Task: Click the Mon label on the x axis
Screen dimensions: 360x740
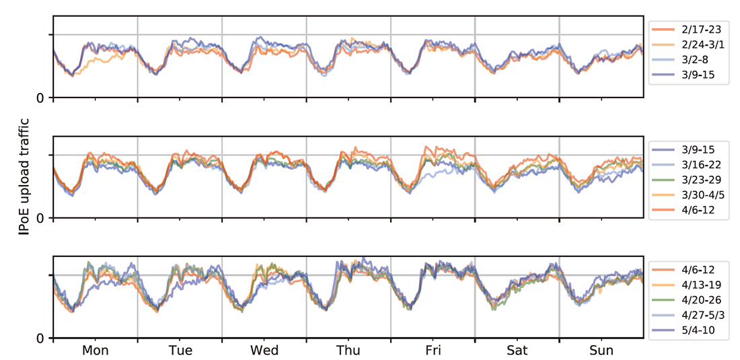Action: click(96, 351)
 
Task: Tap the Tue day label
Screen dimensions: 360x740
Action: click(180, 351)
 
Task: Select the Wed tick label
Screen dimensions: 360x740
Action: click(264, 351)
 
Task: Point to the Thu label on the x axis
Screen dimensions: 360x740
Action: click(348, 351)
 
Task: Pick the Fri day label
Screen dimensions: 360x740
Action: click(433, 351)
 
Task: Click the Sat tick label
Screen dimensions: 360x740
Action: click(517, 351)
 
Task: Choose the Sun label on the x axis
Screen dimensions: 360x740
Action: click(601, 351)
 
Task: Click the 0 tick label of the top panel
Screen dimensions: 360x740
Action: click(41, 98)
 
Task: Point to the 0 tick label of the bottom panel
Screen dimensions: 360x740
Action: click(41, 338)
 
